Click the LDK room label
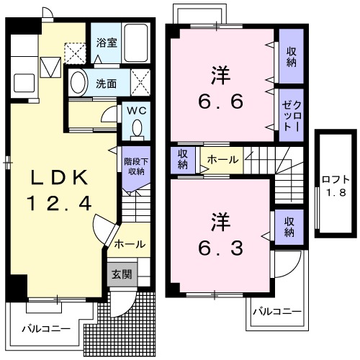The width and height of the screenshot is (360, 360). pyautogui.click(x=60, y=178)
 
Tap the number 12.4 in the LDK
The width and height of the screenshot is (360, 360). pyautogui.click(x=60, y=204)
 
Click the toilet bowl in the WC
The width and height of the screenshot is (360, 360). pyautogui.click(x=137, y=129)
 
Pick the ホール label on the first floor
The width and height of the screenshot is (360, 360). pyautogui.click(x=129, y=244)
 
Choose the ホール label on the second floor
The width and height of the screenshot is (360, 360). pyautogui.click(x=222, y=159)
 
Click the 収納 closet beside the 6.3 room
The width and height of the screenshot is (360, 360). pyautogui.click(x=289, y=226)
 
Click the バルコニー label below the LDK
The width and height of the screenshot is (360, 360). pyautogui.click(x=45, y=328)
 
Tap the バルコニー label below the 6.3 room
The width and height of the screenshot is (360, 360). pyautogui.click(x=277, y=313)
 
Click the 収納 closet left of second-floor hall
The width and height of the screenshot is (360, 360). pyautogui.click(x=184, y=158)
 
